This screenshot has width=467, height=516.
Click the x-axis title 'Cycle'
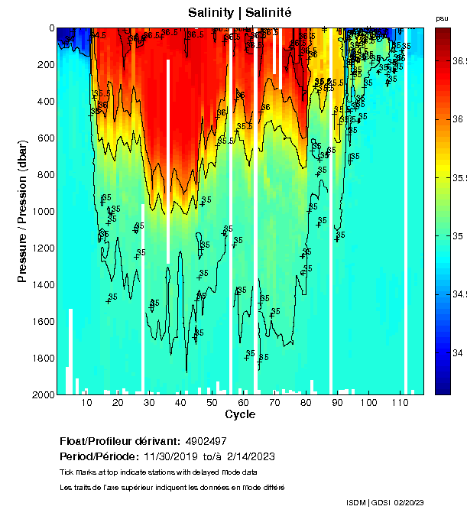[235, 414]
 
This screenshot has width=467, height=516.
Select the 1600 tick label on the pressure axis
[43, 322]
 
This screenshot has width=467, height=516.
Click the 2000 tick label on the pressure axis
[43, 394]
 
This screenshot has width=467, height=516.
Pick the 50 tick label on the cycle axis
[212, 403]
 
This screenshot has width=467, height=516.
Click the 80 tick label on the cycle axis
[306, 403]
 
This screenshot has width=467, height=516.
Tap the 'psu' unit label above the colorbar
[442, 18]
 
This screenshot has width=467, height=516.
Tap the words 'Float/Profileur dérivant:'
[118, 442]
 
